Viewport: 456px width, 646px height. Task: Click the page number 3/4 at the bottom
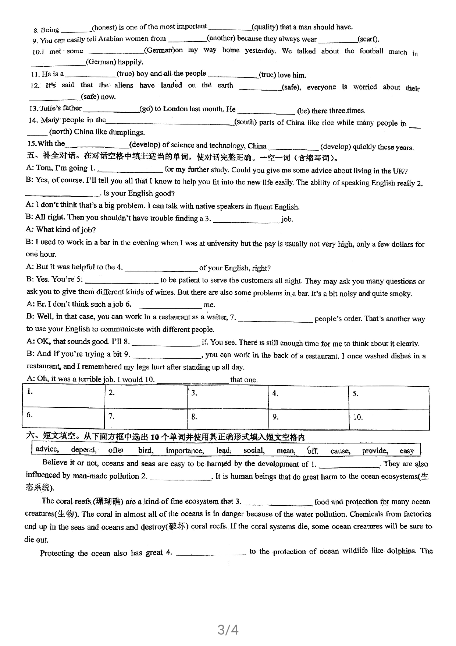click(x=228, y=630)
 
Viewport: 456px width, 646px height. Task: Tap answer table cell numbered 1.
click(x=63, y=397)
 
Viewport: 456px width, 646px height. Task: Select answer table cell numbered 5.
click(x=389, y=398)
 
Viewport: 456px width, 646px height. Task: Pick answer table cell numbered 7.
click(x=146, y=419)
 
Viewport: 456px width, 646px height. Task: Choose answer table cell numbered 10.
click(x=389, y=419)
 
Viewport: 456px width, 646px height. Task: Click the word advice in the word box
click(x=47, y=449)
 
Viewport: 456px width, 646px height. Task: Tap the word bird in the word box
click(x=146, y=450)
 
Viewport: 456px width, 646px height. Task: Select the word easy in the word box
click(x=407, y=450)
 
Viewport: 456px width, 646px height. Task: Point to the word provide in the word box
click(x=375, y=450)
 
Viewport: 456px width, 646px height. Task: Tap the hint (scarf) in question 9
click(x=368, y=39)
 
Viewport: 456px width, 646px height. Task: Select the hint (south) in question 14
click(x=245, y=122)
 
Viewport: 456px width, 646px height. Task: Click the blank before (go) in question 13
click(x=111, y=110)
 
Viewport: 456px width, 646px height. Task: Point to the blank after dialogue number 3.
click(x=246, y=220)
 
